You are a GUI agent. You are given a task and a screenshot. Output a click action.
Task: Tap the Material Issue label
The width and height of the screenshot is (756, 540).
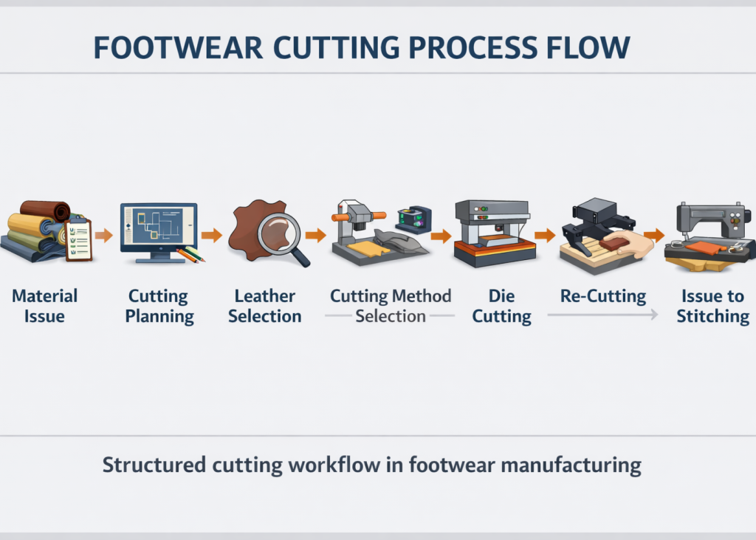click(44, 306)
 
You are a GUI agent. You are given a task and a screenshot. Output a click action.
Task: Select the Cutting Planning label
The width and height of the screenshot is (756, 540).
click(159, 306)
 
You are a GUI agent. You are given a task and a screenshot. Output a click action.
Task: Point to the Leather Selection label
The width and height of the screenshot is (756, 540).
click(265, 306)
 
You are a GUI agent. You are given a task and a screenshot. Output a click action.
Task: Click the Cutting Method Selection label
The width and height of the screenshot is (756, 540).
click(391, 306)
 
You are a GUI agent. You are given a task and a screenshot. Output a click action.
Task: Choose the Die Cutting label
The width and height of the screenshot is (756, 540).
click(502, 306)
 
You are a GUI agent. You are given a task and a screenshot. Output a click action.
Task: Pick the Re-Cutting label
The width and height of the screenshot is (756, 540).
click(603, 297)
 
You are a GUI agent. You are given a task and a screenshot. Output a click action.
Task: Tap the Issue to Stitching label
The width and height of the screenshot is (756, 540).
click(712, 306)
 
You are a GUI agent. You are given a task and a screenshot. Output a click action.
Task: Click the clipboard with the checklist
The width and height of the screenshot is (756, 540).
click(78, 239)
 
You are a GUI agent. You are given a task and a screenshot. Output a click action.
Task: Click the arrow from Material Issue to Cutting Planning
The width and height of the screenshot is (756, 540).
click(105, 236)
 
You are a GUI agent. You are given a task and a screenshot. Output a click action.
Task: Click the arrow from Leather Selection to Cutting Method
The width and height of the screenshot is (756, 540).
click(316, 236)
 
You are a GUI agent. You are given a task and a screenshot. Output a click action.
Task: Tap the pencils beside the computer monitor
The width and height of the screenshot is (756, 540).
click(190, 255)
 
